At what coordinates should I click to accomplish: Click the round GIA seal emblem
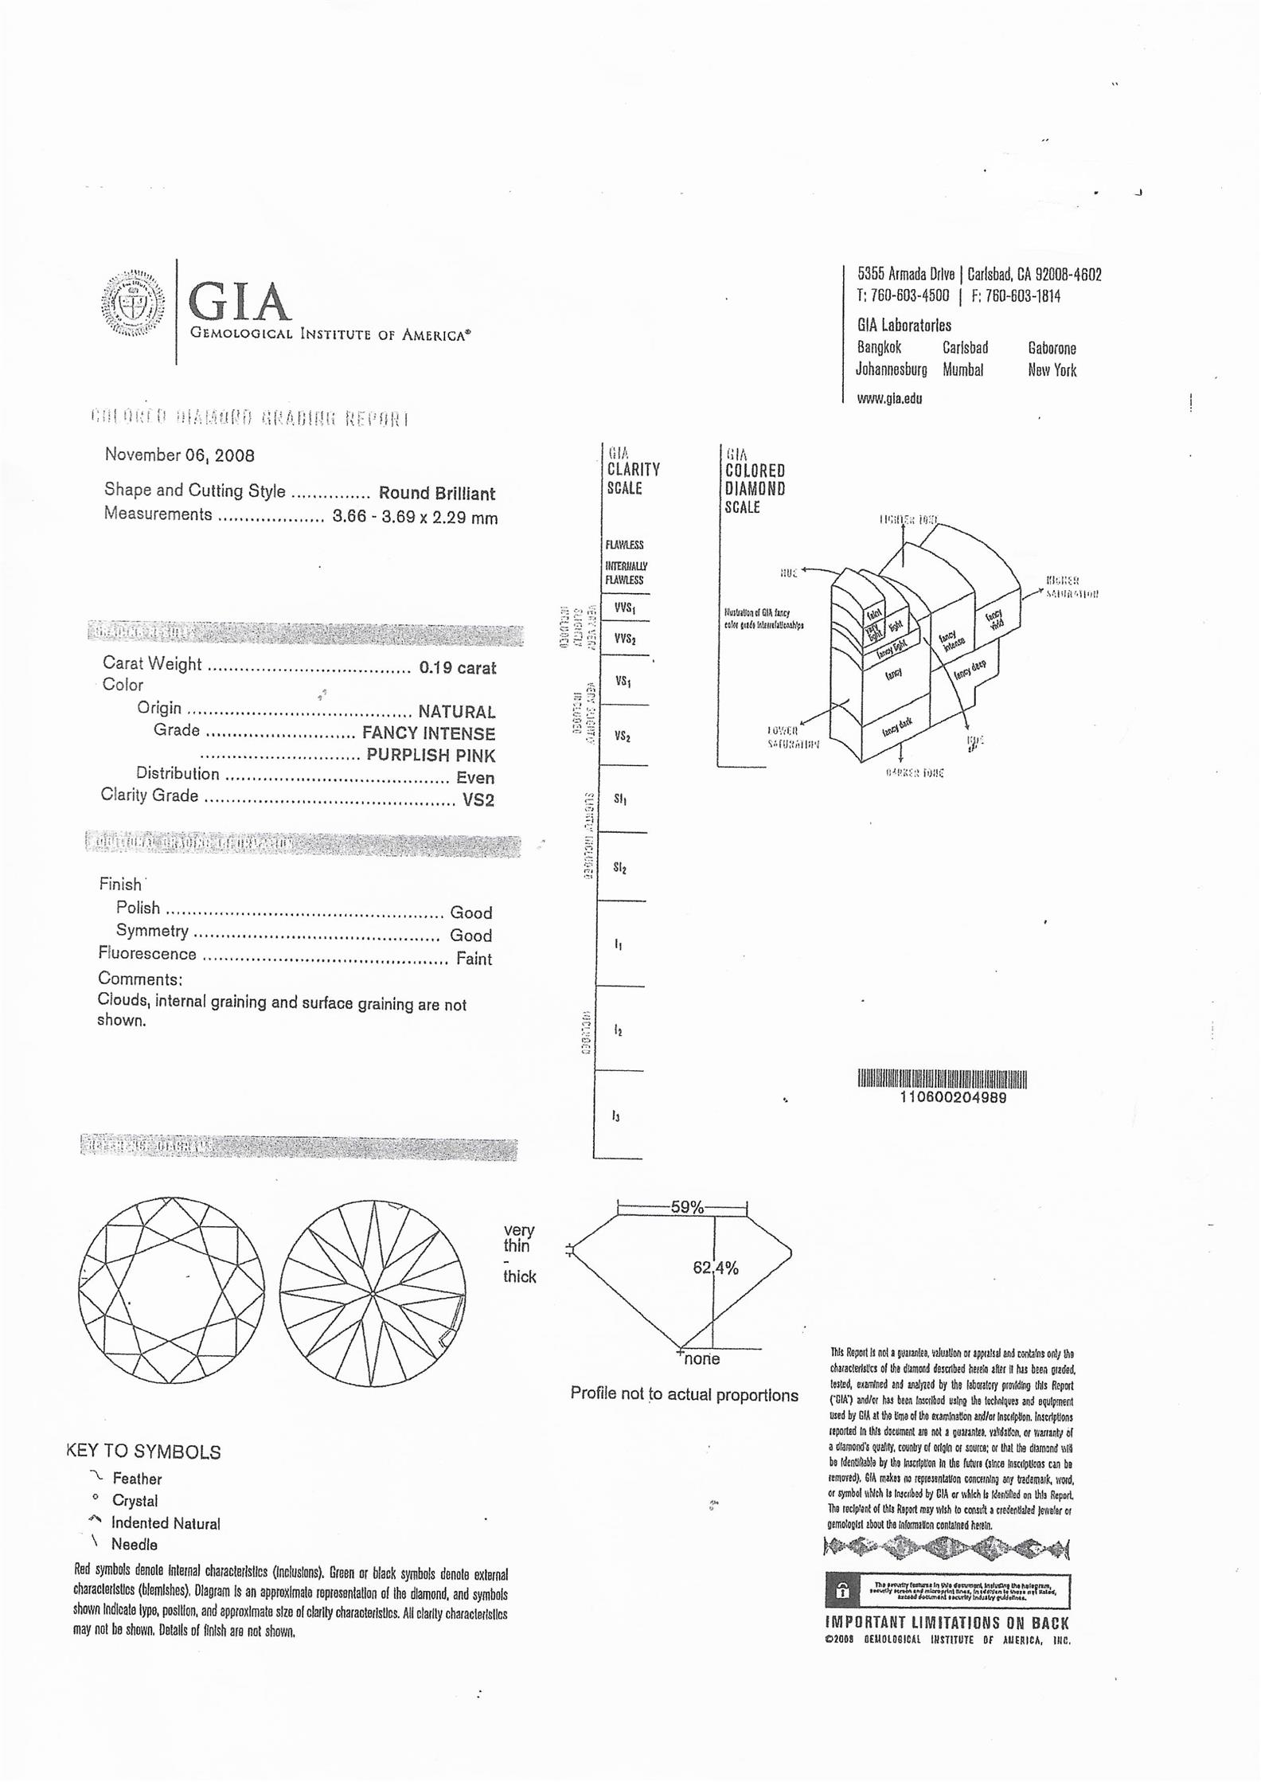pos(133,303)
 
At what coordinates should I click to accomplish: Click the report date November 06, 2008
pos(179,455)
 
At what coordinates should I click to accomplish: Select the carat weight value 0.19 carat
pos(457,667)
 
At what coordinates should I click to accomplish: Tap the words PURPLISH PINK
pos(430,755)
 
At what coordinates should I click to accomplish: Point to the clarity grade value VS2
pos(478,799)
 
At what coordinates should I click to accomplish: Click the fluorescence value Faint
pos(474,959)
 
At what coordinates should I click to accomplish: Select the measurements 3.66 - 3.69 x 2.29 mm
pos(415,518)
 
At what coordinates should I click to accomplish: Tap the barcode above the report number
pos(942,1079)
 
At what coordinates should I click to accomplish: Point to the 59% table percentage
pos(686,1207)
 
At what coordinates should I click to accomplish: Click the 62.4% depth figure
pos(715,1268)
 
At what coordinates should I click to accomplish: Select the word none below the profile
pos(701,1358)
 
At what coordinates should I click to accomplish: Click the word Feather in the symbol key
pos(137,1479)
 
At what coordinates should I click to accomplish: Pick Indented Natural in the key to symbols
pos(166,1523)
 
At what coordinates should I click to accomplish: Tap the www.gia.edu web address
pos(889,398)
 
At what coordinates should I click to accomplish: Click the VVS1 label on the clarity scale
pos(624,609)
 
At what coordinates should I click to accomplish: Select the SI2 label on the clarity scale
pos(620,868)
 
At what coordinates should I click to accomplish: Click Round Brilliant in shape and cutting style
pos(436,493)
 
